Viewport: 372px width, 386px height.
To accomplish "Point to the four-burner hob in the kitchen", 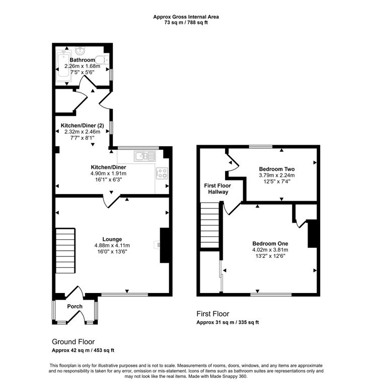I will coord(162,173).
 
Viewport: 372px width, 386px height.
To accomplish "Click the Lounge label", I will coord(112,239).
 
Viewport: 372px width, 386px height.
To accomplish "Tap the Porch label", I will coord(75,307).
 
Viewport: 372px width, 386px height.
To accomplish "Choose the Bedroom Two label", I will coord(276,169).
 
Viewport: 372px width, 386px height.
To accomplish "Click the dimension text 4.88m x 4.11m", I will coord(112,245).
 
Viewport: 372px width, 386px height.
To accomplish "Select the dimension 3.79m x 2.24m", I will coord(276,175).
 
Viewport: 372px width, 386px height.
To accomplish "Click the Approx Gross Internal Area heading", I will coord(186,17).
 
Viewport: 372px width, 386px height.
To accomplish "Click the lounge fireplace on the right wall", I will coord(164,245).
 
